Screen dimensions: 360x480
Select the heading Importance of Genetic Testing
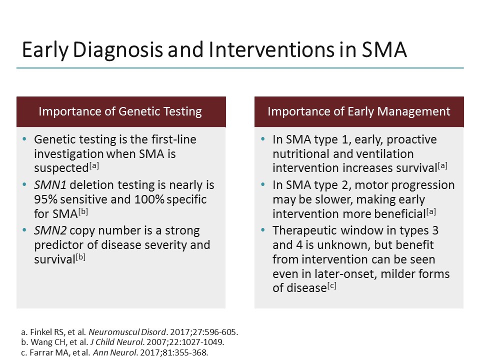120,111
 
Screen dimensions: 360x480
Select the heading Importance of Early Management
358,111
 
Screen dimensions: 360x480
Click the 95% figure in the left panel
45,199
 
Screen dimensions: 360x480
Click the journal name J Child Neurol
105,342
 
